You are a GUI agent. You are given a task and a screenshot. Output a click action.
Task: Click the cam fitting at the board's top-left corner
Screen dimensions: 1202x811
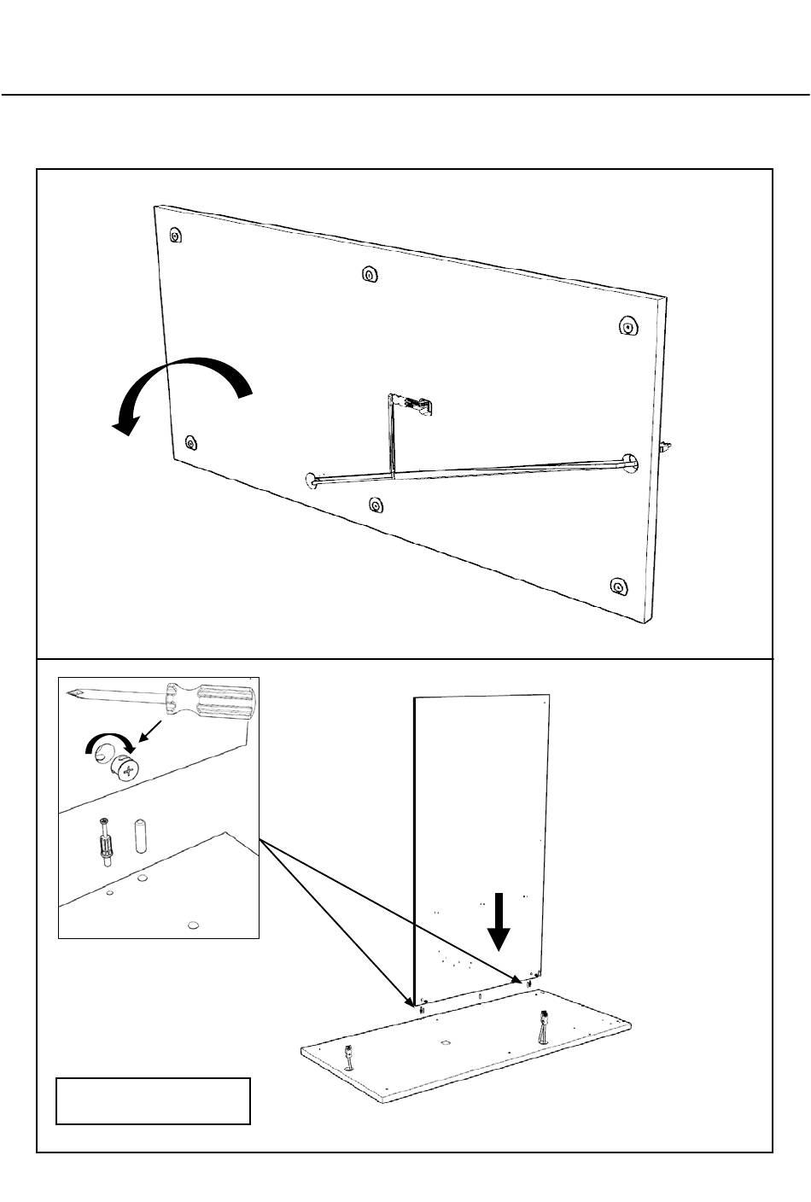175,235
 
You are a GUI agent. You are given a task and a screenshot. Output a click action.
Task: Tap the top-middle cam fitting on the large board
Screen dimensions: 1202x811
369,275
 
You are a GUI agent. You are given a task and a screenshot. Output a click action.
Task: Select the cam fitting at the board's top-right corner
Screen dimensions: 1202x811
627,326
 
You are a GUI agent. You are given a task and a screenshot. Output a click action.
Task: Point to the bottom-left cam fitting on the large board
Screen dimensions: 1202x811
190,442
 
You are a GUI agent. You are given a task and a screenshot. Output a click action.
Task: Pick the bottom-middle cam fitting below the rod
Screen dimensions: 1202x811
376,505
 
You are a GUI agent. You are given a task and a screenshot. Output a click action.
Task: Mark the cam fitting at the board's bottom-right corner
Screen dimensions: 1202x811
618,586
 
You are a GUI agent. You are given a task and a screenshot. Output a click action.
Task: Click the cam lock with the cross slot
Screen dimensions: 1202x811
127,771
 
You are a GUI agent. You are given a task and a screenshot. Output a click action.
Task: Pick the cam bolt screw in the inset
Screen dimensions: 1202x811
104,843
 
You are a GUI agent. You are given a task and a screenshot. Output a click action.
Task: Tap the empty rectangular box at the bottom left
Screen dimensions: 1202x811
153,1100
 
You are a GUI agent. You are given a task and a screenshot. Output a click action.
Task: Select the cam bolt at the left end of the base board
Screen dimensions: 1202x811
349,1055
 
